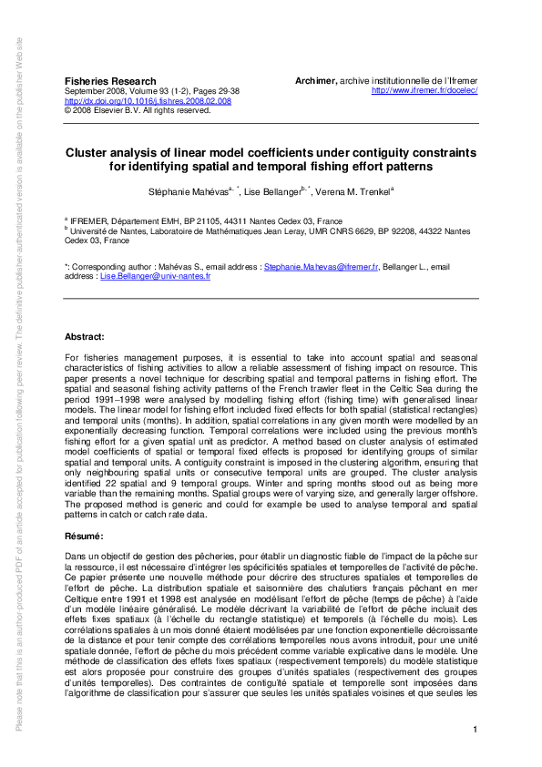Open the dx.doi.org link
[x=148, y=101]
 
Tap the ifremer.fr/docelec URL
[x=425, y=90]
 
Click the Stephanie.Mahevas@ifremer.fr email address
[x=307, y=268]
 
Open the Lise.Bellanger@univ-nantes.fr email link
[x=155, y=275]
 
